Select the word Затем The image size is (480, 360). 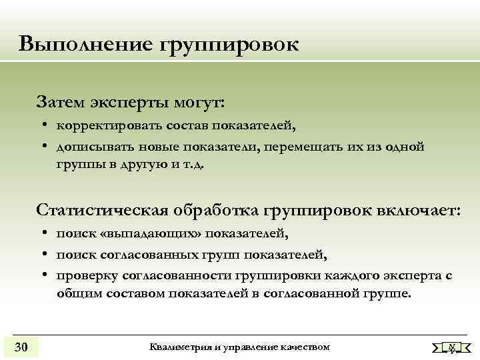(61, 103)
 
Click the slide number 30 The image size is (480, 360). (21, 347)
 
